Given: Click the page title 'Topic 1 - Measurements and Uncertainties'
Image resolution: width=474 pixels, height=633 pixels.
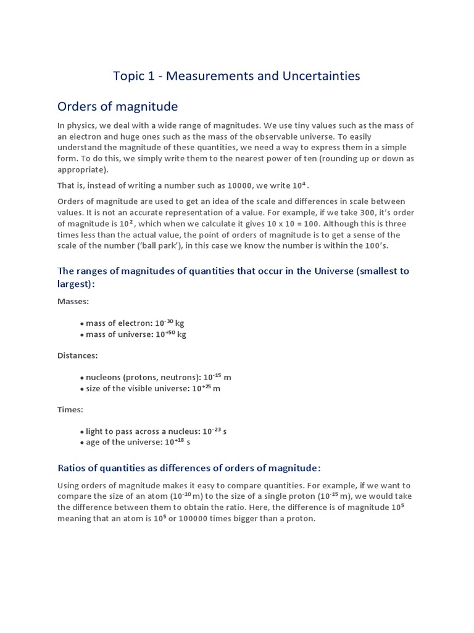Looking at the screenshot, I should click(236, 76).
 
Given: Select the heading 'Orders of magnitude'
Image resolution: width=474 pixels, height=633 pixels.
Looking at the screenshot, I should click(117, 106).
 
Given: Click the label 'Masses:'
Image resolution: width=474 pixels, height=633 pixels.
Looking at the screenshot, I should click(73, 302).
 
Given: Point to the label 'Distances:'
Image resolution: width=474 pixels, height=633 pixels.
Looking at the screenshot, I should click(77, 355).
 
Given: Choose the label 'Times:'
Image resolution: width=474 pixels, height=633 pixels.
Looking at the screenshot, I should click(70, 409).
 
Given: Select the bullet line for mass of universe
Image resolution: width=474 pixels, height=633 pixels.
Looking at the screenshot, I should click(133, 334).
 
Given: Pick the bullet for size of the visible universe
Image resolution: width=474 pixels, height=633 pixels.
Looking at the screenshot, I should click(150, 388).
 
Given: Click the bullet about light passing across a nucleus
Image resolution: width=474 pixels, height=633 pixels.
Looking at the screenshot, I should click(153, 431).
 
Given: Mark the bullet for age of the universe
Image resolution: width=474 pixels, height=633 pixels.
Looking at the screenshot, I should click(135, 443).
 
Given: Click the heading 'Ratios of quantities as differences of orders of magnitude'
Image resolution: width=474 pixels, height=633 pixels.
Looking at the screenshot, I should click(189, 467).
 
